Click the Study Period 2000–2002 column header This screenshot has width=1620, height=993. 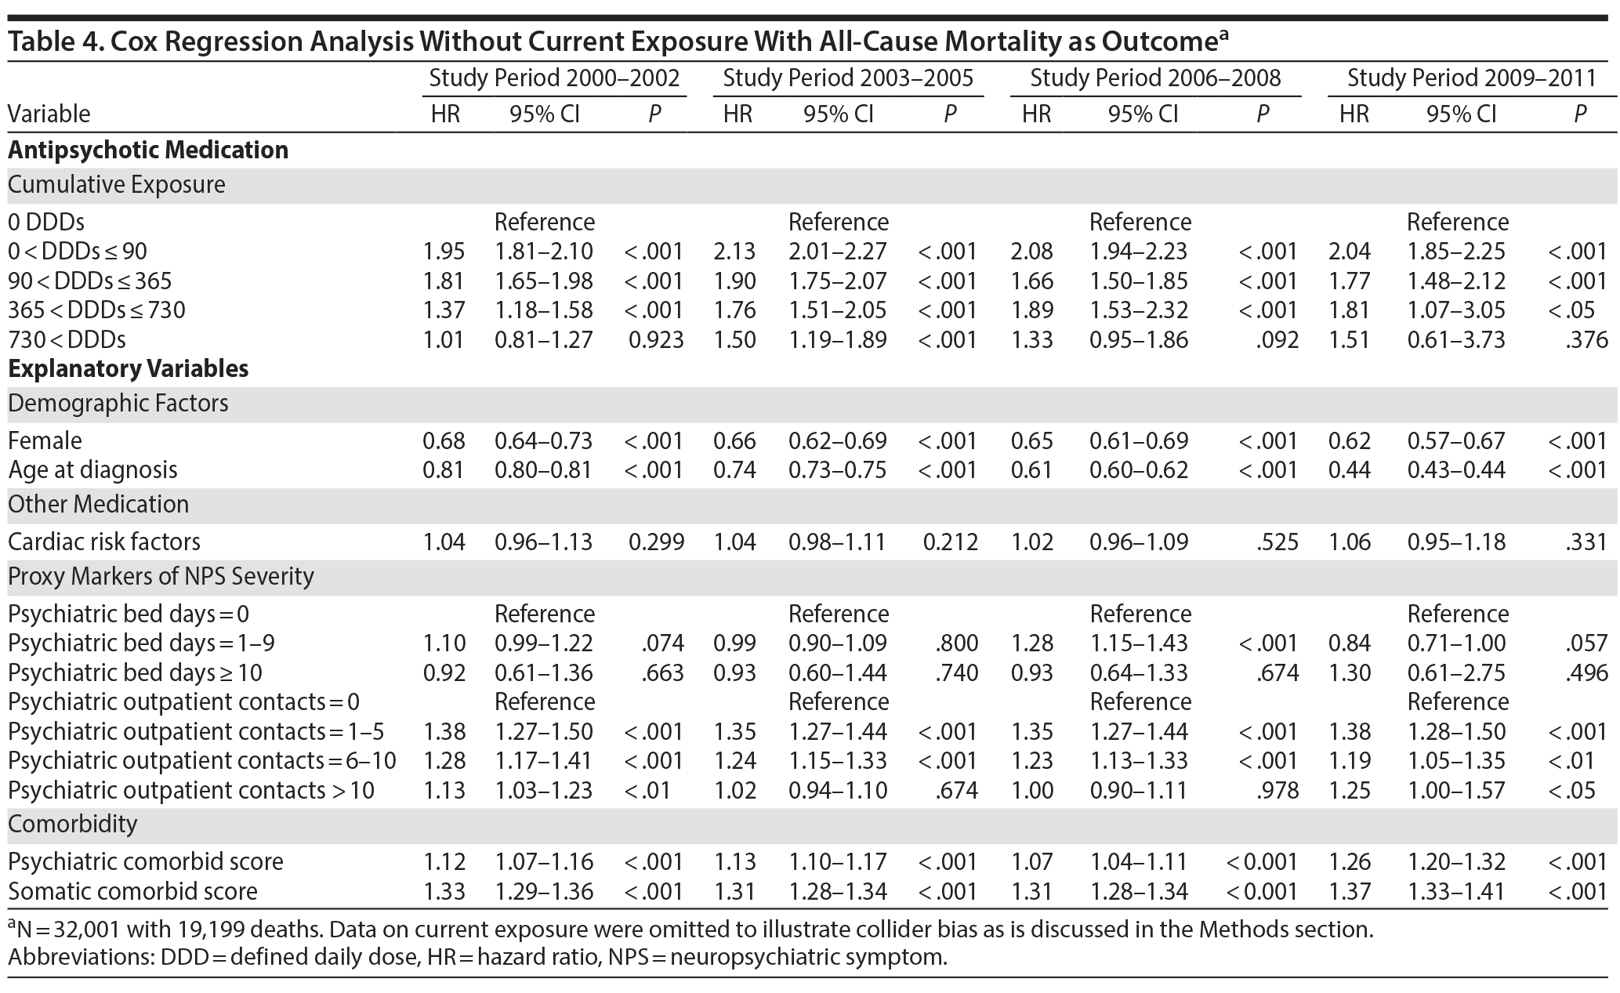(554, 78)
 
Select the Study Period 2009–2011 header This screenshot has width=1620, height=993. (1471, 78)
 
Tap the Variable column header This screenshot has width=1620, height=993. (49, 114)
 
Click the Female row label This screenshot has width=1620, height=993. (45, 440)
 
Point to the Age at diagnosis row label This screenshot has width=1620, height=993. (92, 469)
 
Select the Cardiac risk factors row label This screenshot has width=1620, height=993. (103, 542)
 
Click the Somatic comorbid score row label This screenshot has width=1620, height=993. (132, 891)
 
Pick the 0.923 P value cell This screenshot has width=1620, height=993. (656, 340)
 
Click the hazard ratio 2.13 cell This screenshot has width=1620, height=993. (734, 252)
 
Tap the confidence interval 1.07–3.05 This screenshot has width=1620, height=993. (1456, 310)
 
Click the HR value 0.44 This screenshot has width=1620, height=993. (1349, 469)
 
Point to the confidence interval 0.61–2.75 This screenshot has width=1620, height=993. (1456, 672)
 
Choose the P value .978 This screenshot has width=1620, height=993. (1277, 790)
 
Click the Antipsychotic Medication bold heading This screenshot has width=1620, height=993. (148, 150)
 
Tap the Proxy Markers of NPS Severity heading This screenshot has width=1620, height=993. (161, 576)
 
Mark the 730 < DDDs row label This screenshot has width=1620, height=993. (67, 340)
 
